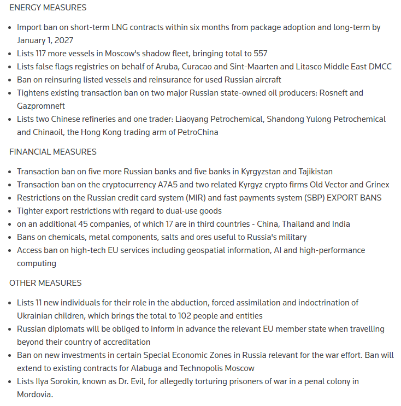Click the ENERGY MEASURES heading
[x=48, y=8]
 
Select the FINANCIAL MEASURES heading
[x=53, y=152]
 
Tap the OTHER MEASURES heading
[x=45, y=283]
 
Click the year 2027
[x=63, y=40]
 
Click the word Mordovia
[x=34, y=395]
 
